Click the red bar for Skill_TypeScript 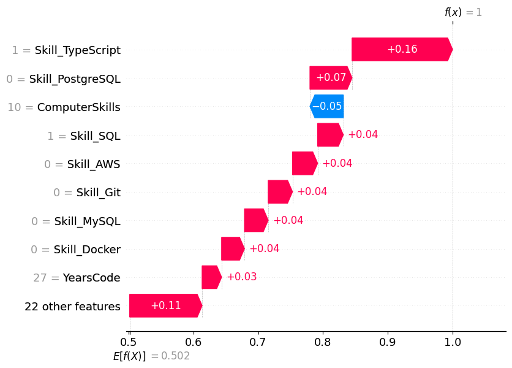(401, 49)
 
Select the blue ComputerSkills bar (327, 106)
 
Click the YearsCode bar (211, 277)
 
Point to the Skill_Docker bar (233, 248)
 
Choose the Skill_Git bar (280, 192)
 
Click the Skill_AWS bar (304, 163)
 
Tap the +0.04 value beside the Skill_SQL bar (363, 134)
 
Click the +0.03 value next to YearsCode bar (241, 277)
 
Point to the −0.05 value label (327, 106)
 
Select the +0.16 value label (402, 49)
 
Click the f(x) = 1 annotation (463, 12)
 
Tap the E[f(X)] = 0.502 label (151, 356)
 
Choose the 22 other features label (72, 306)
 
